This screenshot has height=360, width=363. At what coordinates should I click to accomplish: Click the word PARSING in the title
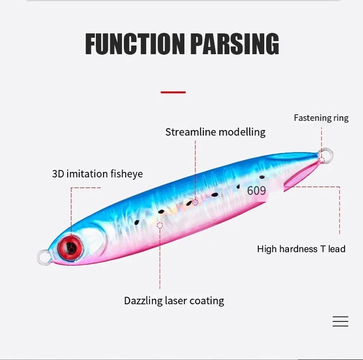click(235, 44)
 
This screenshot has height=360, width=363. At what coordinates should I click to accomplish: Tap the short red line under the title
click(173, 92)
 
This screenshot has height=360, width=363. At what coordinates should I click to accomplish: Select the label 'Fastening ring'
click(321, 118)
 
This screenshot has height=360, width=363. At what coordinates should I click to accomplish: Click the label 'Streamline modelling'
click(215, 132)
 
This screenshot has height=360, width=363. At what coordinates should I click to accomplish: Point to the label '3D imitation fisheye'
click(97, 174)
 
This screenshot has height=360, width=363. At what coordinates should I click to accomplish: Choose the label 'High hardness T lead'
click(301, 249)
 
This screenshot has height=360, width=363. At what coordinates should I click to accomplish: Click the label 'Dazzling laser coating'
click(174, 301)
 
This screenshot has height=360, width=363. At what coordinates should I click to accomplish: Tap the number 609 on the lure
click(257, 191)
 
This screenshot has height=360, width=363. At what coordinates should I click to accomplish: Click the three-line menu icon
click(340, 321)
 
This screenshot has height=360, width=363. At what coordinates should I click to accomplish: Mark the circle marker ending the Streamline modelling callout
click(195, 202)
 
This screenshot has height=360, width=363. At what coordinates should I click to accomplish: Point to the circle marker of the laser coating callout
click(160, 225)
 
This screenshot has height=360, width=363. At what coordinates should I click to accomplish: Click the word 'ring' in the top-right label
click(341, 118)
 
